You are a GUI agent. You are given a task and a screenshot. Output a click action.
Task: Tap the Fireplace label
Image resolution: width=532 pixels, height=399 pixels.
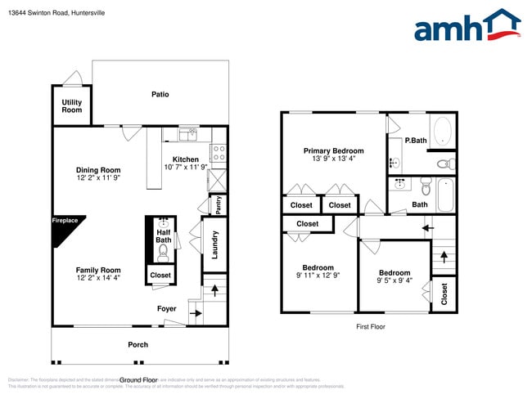65,221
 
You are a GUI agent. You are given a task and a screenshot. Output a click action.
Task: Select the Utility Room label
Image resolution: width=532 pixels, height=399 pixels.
72,106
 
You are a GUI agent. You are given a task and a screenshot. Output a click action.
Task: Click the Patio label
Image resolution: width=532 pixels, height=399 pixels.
160,94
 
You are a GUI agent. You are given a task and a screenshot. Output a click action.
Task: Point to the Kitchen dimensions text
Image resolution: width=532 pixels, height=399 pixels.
185,167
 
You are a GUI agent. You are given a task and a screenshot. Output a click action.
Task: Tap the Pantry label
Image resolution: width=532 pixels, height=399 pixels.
219,204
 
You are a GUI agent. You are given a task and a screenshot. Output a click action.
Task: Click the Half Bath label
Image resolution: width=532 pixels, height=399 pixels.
164,236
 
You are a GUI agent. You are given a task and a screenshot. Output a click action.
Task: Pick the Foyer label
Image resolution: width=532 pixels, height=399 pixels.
167,309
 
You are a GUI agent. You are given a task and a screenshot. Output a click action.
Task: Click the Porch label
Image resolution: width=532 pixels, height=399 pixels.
138,344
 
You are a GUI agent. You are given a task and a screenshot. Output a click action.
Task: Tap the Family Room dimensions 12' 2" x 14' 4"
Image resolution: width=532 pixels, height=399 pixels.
98,278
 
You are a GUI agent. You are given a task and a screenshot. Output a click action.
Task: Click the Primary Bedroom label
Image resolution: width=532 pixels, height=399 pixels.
333,150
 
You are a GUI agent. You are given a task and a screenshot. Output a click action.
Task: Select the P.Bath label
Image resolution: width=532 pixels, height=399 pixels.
416,141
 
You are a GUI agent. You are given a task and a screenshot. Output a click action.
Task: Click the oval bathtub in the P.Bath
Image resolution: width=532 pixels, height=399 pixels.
441,132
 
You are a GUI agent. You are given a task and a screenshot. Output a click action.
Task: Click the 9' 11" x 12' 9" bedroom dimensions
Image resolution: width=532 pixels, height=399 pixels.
318,276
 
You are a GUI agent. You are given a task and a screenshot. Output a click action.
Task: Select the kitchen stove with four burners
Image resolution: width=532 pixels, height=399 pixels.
219,151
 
